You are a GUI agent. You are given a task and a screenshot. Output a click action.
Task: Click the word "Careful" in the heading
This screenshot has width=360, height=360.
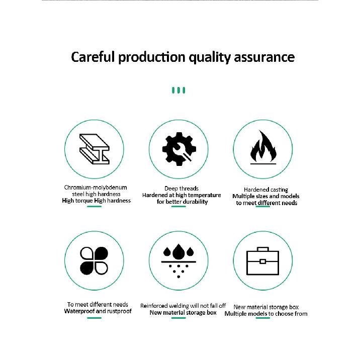tap(93, 57)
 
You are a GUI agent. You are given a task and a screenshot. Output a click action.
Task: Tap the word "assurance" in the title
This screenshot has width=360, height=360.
tap(264, 57)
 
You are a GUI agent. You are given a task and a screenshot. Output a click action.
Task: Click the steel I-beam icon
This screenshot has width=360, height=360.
tap(95, 149)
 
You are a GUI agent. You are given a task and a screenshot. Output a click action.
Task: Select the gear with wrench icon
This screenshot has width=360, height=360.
tap(179, 149)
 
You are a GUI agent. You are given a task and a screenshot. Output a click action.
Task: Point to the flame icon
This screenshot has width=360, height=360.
tap(263, 147)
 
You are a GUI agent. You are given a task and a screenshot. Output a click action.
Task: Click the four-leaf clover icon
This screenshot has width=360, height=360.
tap(94, 261)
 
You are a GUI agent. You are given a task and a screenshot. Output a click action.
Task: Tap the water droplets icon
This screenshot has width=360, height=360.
tap(178, 261)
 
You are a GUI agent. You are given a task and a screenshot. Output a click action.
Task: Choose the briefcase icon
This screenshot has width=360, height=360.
tap(262, 261)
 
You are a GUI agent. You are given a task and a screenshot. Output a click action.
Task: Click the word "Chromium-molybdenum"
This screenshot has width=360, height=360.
tap(96, 188)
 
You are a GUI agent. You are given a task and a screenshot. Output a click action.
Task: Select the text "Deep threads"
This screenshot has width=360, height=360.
tap(182, 189)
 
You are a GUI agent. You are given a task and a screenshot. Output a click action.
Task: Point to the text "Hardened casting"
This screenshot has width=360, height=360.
tap(266, 190)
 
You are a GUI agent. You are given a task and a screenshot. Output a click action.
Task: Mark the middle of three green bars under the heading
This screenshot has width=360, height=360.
tap(178, 90)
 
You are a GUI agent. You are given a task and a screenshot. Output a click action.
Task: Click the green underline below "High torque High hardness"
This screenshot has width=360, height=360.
tap(94, 207)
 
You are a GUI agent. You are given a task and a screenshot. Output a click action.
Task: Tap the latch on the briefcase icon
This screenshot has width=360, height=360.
tap(262, 261)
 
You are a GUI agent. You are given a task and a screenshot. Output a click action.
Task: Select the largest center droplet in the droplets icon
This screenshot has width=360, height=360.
tap(178, 252)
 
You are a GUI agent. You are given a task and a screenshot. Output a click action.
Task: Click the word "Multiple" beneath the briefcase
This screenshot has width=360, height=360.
tap(234, 314)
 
